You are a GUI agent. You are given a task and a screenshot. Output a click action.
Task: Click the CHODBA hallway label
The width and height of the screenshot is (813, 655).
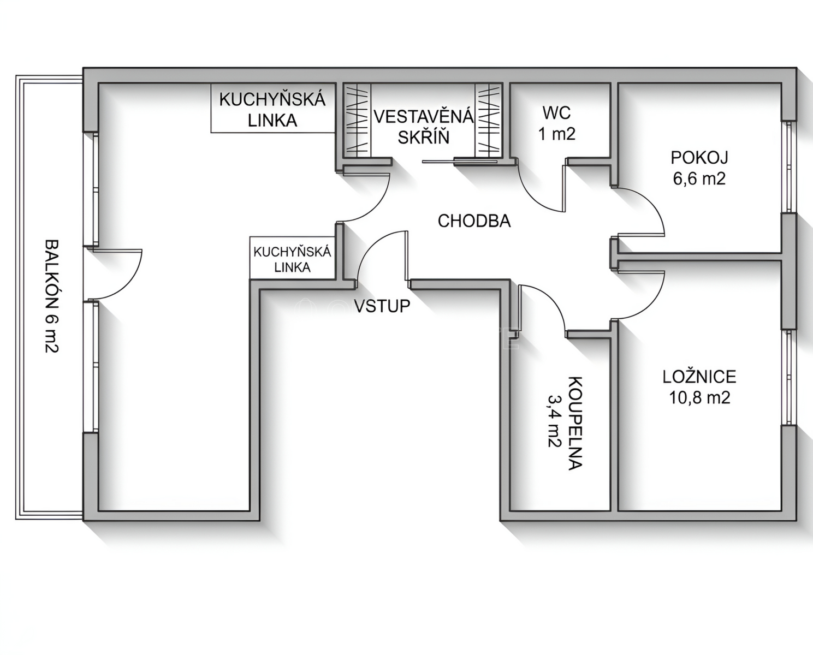474,221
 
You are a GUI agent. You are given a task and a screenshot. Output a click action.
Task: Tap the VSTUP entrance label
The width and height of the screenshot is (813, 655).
382,306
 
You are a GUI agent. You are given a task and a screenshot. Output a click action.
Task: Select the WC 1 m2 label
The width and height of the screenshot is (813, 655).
557,123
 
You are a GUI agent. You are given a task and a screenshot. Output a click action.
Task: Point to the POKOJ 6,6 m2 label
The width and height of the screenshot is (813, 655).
699,168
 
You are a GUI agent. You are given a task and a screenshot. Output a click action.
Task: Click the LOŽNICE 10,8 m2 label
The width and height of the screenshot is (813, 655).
699,387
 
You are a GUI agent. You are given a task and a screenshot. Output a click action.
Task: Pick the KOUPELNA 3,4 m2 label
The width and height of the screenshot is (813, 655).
566,423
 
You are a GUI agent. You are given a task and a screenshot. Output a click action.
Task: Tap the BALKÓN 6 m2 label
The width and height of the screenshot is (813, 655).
52,296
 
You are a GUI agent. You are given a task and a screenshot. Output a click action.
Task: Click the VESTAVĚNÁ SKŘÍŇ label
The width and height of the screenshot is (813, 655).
424,127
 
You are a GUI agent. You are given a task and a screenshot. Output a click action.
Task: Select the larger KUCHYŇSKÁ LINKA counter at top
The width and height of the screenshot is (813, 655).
273,108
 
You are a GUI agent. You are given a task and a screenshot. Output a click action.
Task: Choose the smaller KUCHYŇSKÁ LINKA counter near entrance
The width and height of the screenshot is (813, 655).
293,258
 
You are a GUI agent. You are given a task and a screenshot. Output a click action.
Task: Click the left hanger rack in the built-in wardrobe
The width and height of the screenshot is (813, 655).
357,120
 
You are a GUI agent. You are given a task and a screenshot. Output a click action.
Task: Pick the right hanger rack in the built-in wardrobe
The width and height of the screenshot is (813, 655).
489,120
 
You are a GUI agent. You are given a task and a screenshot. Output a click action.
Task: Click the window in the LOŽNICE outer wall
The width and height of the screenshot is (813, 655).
789,377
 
